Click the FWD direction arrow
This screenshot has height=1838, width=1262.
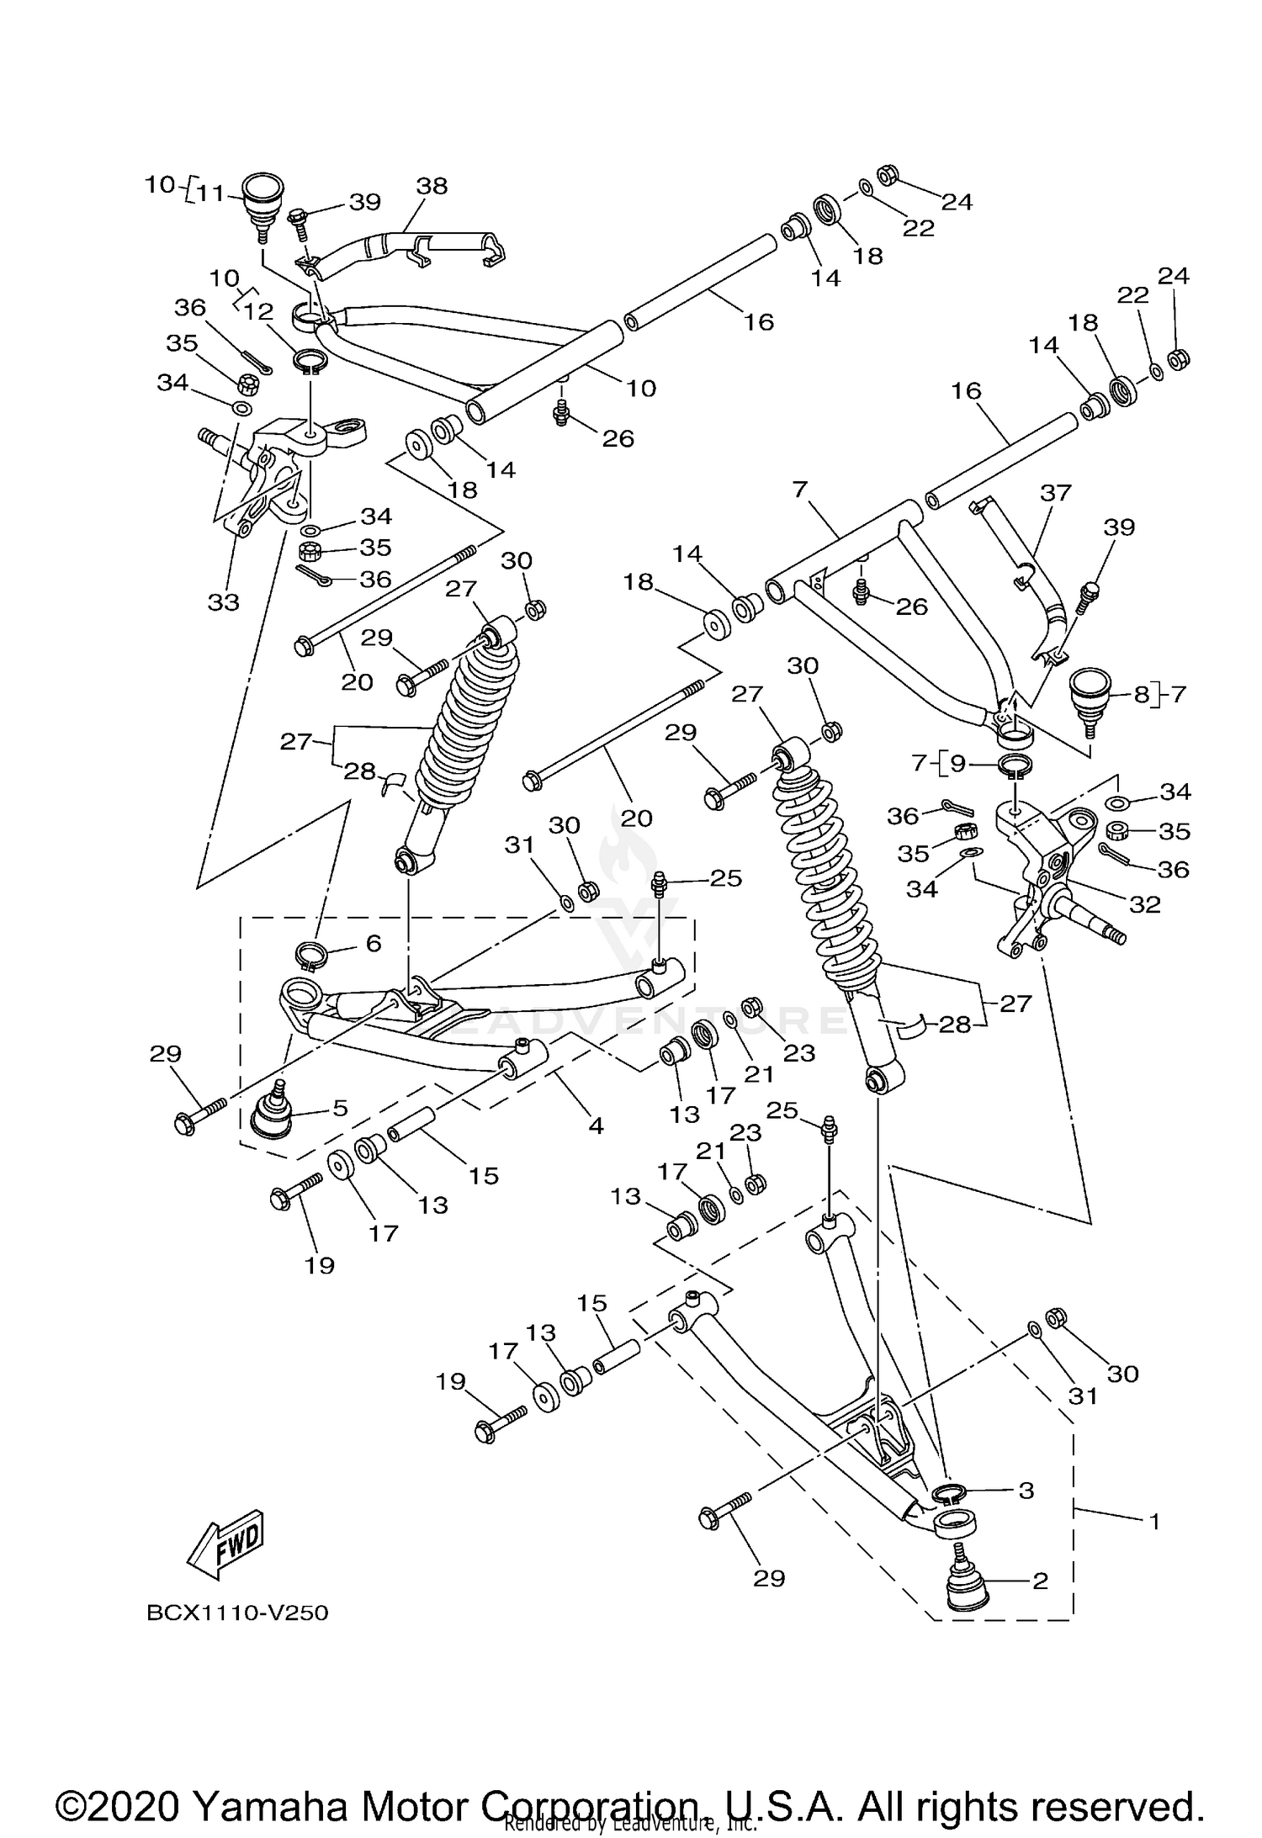point(225,1546)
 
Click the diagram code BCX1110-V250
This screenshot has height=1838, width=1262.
point(237,1613)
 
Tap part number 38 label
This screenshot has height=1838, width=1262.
point(432,186)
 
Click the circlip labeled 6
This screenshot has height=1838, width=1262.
point(310,956)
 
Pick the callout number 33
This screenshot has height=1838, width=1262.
point(224,601)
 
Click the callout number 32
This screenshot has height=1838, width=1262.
point(1145,904)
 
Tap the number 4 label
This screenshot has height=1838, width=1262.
point(596,1125)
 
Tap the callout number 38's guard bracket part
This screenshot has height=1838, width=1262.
point(404,246)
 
